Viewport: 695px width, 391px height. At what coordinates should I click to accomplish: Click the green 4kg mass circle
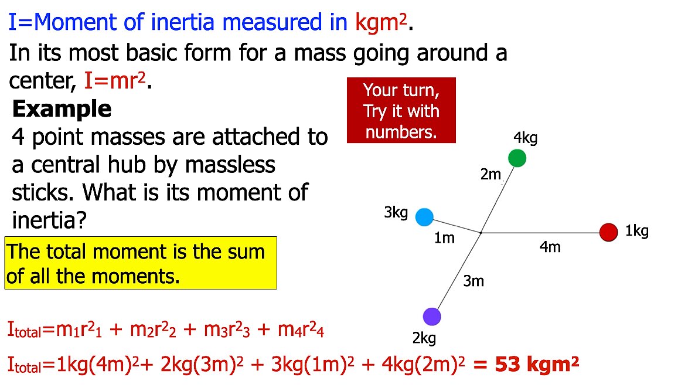[517, 158]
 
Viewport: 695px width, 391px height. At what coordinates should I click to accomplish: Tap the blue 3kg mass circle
[424, 217]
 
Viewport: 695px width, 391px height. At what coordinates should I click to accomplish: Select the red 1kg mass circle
[609, 232]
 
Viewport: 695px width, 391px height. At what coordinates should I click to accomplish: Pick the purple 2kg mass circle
[432, 317]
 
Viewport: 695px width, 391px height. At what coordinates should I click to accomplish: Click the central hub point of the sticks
[481, 233]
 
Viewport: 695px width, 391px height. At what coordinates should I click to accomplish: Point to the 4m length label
[550, 247]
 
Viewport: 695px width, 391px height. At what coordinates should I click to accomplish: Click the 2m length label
[491, 174]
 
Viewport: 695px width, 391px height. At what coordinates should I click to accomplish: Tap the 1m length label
[444, 238]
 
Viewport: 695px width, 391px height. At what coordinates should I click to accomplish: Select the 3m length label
[473, 281]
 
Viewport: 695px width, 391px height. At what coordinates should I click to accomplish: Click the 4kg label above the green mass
[525, 138]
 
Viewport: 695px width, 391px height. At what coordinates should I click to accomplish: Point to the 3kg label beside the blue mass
[396, 213]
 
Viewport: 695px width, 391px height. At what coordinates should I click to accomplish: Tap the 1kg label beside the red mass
[636, 231]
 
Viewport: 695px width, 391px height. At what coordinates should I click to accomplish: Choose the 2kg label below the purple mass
[424, 338]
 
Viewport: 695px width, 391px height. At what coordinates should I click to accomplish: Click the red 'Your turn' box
[401, 111]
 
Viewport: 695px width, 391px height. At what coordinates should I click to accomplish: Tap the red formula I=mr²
[115, 81]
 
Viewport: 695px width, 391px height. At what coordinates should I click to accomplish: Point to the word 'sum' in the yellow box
[244, 251]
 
